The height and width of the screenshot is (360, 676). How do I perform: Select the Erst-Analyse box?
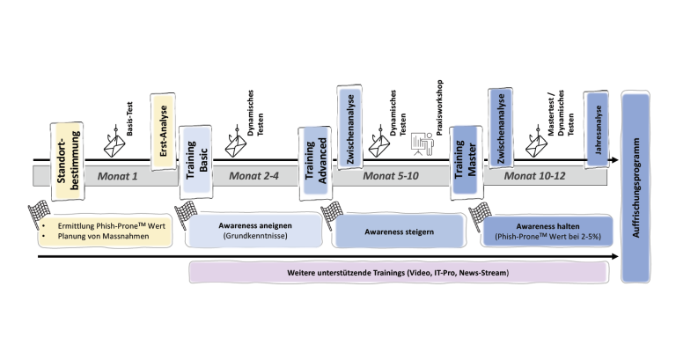[x=162, y=127]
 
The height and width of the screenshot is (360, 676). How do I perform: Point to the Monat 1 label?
[x=118, y=175]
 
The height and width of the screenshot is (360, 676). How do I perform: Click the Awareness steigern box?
[x=397, y=231]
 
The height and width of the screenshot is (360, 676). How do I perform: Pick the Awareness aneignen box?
[x=253, y=230]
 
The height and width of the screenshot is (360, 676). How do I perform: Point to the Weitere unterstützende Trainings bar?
[x=398, y=273]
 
